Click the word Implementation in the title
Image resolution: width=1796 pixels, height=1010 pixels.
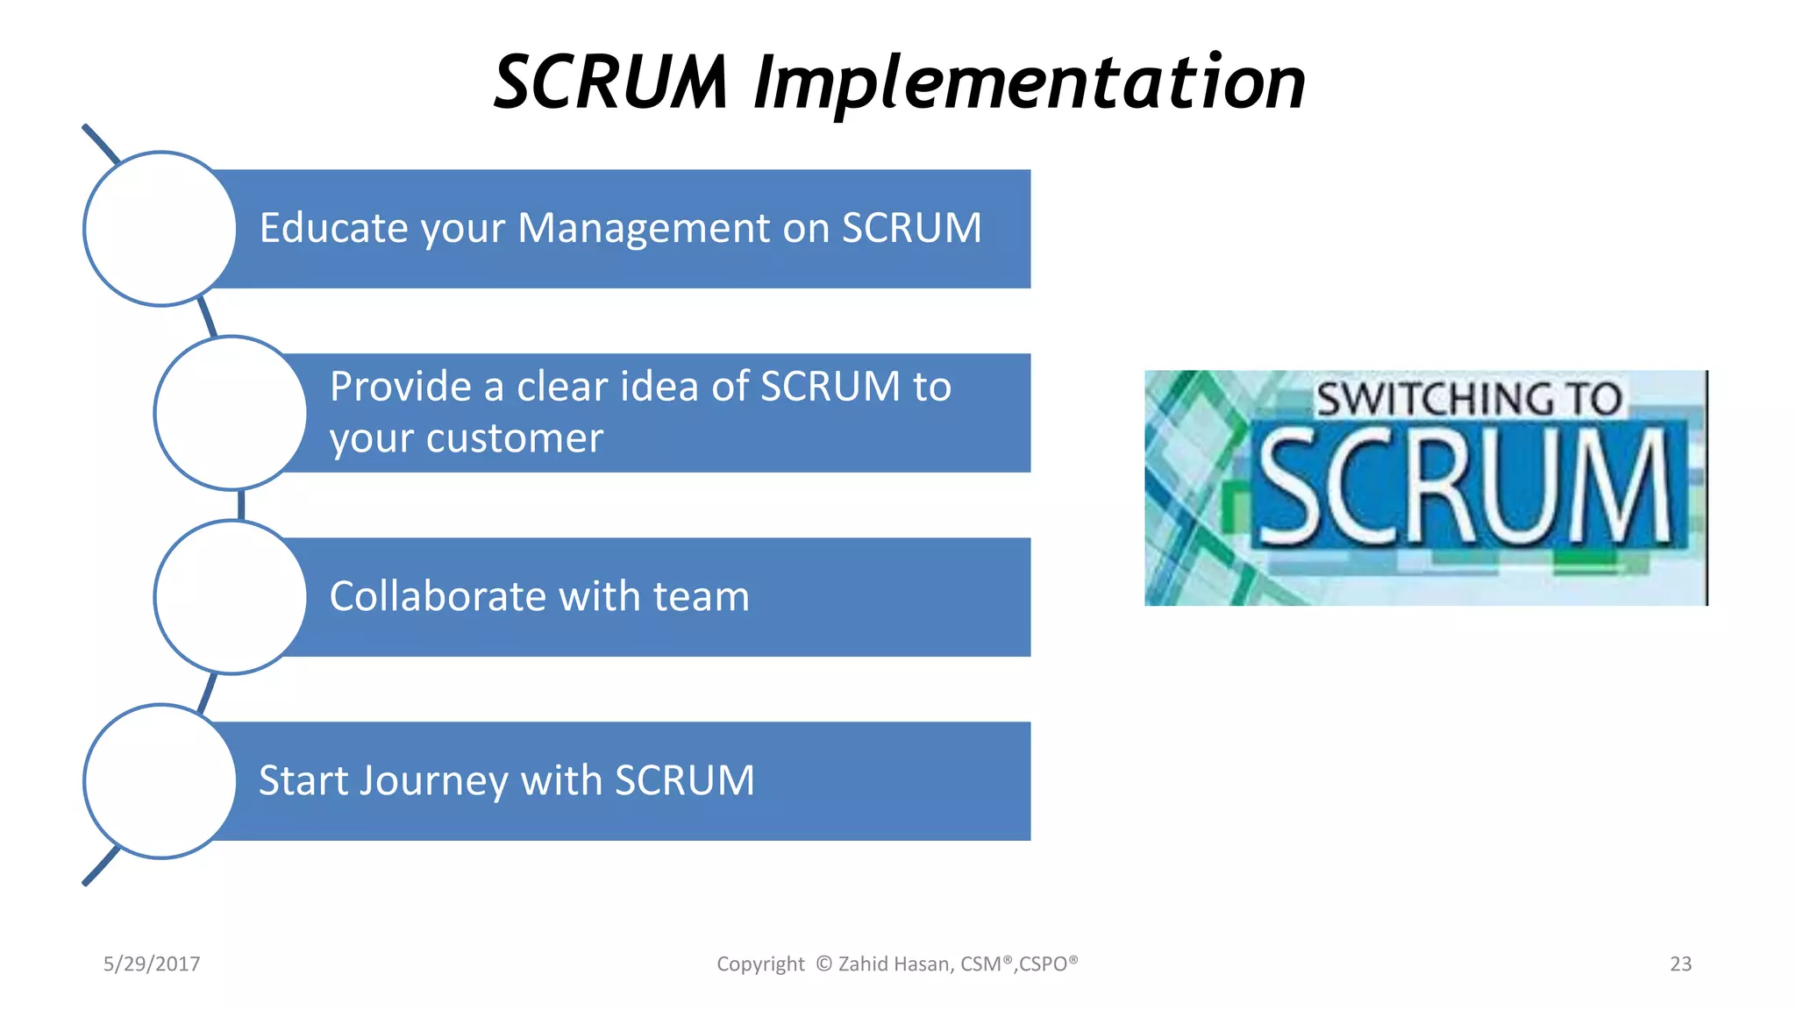(1030, 83)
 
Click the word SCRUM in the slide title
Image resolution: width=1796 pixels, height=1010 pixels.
(611, 83)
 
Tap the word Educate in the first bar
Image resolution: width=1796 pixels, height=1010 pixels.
(333, 228)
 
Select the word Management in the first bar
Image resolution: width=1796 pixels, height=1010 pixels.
(644, 228)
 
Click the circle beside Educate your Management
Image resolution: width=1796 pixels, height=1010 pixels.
(160, 229)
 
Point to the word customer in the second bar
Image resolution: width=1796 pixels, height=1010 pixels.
(515, 438)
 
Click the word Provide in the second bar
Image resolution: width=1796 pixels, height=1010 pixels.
(401, 387)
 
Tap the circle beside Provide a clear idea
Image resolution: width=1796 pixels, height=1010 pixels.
(231, 413)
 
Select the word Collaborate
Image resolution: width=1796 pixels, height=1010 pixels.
(437, 597)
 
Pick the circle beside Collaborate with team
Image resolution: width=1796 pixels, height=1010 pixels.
(231, 597)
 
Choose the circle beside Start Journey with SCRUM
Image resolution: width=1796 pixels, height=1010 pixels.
(160, 781)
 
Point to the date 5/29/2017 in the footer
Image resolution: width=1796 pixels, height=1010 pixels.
(152, 964)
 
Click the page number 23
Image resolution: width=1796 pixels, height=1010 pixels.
(1680, 964)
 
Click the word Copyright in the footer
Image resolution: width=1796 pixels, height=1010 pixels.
(760, 964)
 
